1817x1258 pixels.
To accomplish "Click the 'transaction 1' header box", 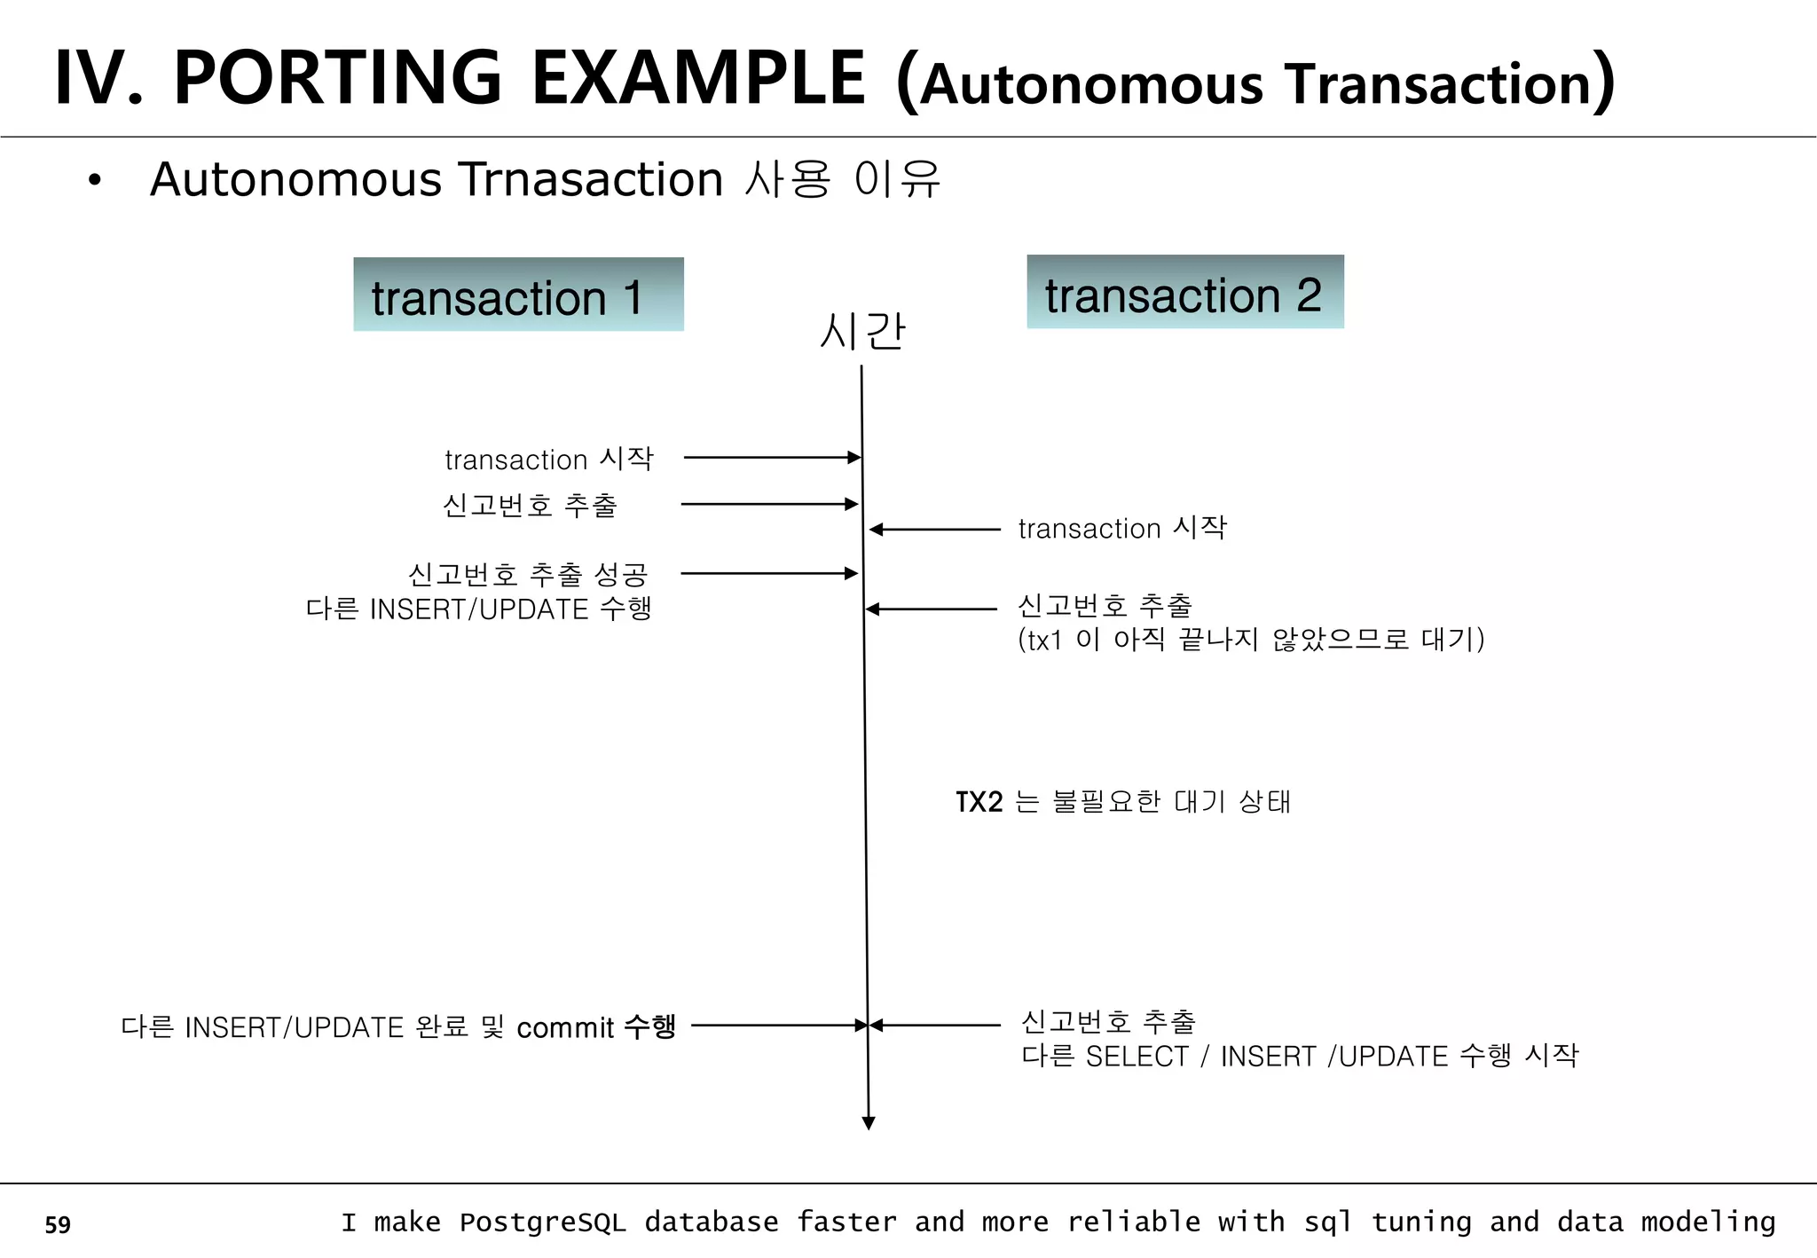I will tap(518, 295).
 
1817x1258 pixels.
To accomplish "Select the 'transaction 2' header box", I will tap(1184, 292).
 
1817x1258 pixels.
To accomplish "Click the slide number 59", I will tap(58, 1224).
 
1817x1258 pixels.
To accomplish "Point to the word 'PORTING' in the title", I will tap(338, 78).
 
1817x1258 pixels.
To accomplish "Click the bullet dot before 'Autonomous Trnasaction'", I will tap(95, 181).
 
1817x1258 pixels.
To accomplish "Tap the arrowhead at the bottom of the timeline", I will tap(869, 1123).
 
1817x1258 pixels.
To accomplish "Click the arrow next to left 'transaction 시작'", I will tap(772, 458).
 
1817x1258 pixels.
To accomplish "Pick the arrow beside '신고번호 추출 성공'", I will tap(769, 574).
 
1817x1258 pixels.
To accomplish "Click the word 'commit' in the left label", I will tap(565, 1028).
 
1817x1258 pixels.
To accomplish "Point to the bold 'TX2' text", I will tap(979, 802).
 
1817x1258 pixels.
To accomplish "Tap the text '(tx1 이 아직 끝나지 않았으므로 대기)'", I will tap(1251, 640).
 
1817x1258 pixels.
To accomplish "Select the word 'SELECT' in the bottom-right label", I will tap(1137, 1057).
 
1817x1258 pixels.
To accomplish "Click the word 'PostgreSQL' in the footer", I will tap(542, 1223).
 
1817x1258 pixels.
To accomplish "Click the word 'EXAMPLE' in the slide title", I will tap(697, 78).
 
